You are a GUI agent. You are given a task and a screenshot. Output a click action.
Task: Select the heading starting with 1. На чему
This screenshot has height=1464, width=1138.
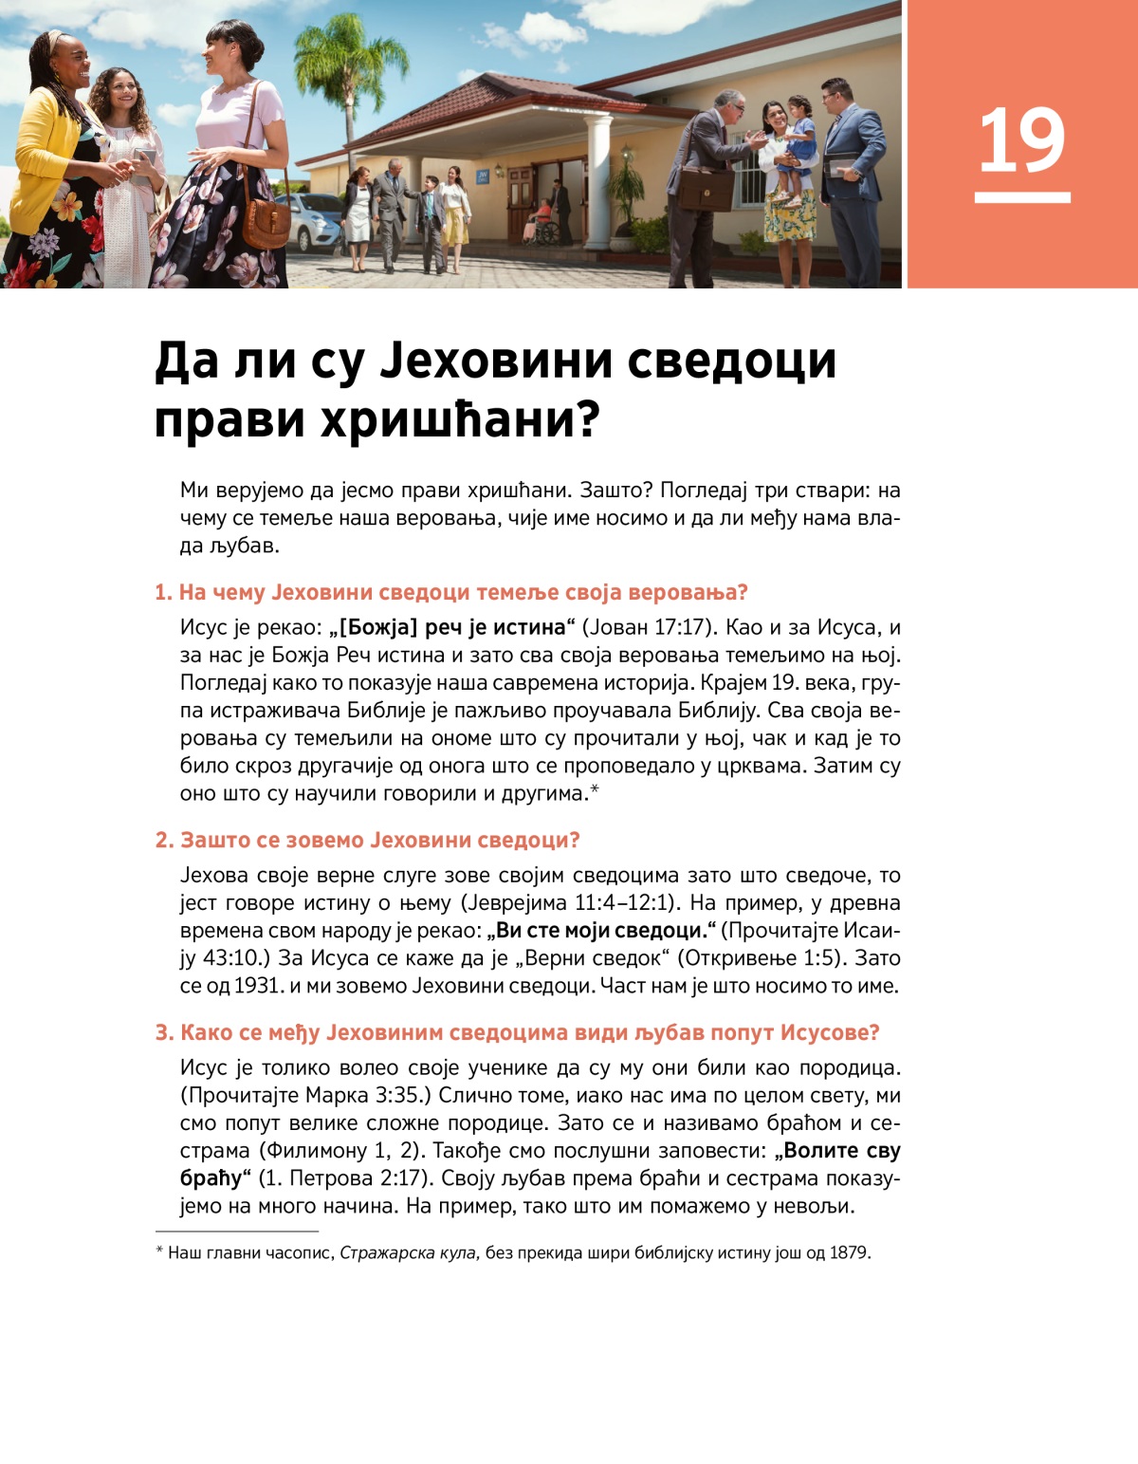451,592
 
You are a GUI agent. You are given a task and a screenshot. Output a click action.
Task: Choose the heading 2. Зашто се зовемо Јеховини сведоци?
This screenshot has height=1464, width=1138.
367,840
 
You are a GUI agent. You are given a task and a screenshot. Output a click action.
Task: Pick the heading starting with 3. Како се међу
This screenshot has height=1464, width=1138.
517,1032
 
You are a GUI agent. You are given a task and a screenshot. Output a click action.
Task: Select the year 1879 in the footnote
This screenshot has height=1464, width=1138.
848,1253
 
